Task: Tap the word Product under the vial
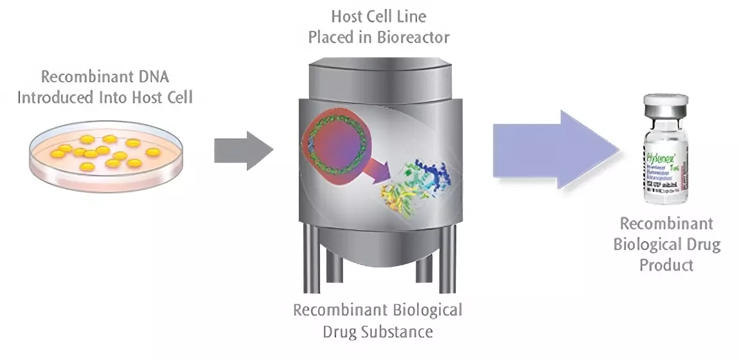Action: [x=666, y=264]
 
